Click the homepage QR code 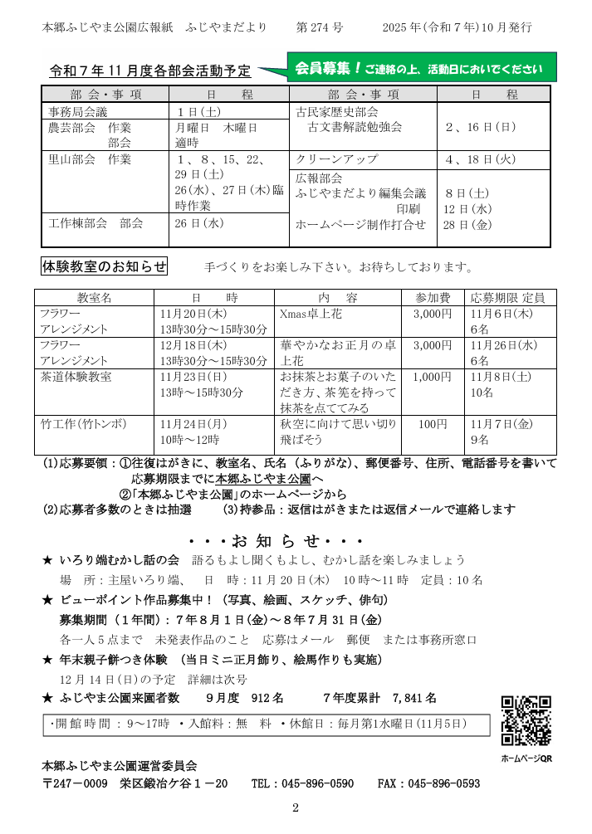[526, 721]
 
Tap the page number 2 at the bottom [295, 808]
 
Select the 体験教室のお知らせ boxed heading [105, 266]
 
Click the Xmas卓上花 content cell [311, 315]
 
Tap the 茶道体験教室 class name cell [76, 377]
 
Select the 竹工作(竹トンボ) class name [83, 424]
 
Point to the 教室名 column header [94, 297]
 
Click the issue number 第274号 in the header [320, 27]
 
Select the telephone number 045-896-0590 [315, 783]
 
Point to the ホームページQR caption [526, 758]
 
